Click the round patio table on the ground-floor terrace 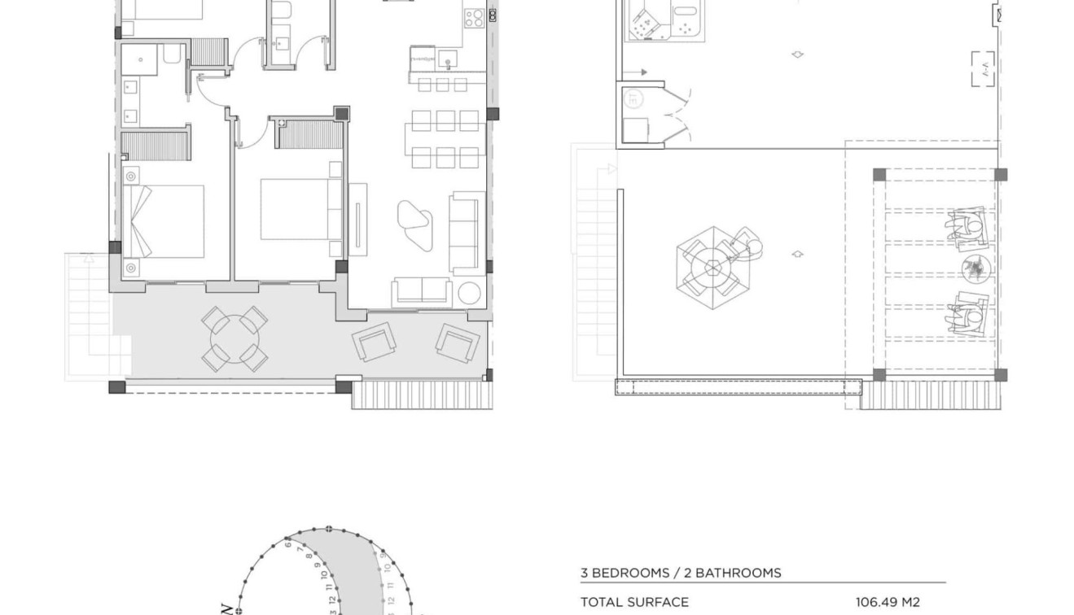[x=235, y=339]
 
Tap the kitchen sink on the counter [x=447, y=59]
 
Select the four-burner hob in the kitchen [x=475, y=17]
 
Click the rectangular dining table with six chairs [x=445, y=138]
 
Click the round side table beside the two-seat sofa [x=469, y=293]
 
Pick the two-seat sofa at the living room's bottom [x=422, y=292]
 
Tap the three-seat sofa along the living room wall [x=467, y=232]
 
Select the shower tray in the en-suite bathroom [x=141, y=60]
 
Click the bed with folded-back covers [x=163, y=221]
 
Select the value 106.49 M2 [x=888, y=603]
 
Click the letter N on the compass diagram [x=226, y=607]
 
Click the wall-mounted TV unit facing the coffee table [x=357, y=220]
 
